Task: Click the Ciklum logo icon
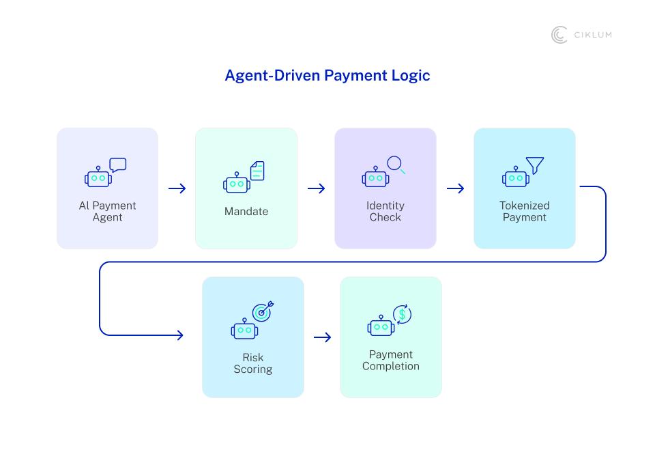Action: point(559,35)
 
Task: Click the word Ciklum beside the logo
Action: point(592,35)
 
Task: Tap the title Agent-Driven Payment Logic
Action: point(327,75)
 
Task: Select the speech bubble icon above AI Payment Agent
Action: point(118,165)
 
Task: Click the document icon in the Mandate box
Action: point(257,171)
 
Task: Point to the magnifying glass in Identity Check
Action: point(396,165)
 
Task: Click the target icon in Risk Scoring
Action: point(263,311)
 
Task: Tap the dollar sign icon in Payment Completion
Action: point(402,314)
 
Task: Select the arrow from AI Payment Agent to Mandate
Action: point(177,188)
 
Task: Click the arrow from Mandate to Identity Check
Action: point(316,188)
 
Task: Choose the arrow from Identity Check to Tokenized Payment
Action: point(455,188)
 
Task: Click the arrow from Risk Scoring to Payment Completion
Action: point(322,337)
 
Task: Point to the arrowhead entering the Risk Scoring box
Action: point(179,335)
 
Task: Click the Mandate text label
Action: point(246,212)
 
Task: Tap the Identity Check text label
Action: point(385,212)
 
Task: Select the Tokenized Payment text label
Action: point(525,212)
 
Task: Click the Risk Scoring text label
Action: point(253,363)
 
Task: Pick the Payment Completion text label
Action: point(391,361)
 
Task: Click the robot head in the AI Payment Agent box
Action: point(98,178)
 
